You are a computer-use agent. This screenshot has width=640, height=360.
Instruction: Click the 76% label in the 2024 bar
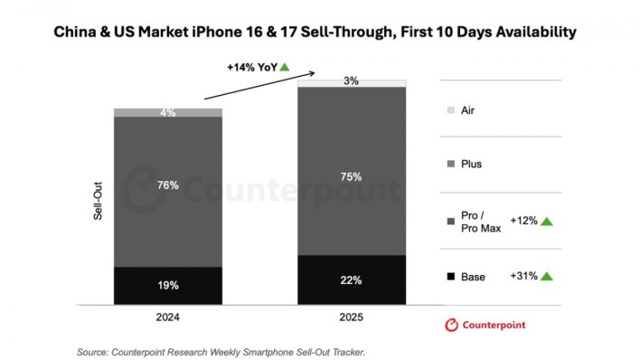(x=167, y=185)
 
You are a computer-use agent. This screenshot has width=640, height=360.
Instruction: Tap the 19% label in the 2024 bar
(x=167, y=285)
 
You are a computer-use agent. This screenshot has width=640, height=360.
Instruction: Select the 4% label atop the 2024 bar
(x=167, y=113)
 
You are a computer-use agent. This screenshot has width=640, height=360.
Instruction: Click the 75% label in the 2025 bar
(x=352, y=176)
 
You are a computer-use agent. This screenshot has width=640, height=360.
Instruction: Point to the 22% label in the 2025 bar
(x=352, y=280)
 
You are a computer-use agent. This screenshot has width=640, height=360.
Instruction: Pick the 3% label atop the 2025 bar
(x=352, y=81)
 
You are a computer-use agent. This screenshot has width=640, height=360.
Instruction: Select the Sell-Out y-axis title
(x=97, y=205)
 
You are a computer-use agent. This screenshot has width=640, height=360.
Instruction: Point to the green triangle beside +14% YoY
(x=285, y=67)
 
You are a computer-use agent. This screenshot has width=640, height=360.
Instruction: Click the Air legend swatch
(x=450, y=110)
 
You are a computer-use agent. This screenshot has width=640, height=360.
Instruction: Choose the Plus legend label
(x=472, y=164)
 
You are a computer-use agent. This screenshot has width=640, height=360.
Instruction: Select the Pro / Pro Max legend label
(x=476, y=221)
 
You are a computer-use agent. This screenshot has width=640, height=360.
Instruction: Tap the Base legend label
(x=474, y=277)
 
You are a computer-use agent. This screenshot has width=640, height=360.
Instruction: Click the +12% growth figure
(x=523, y=221)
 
